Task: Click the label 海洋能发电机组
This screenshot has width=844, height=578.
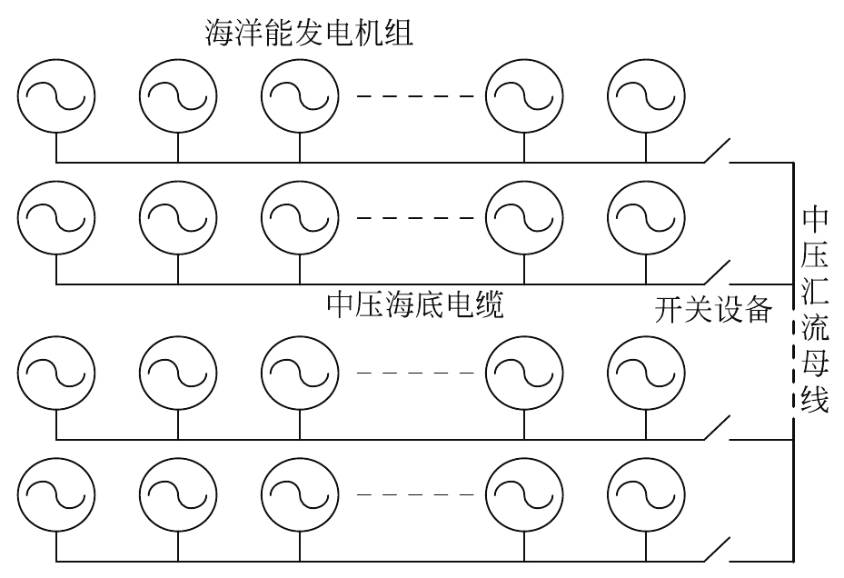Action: click(309, 35)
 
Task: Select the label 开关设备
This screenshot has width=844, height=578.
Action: click(713, 311)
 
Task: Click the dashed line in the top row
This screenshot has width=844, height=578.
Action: click(415, 96)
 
